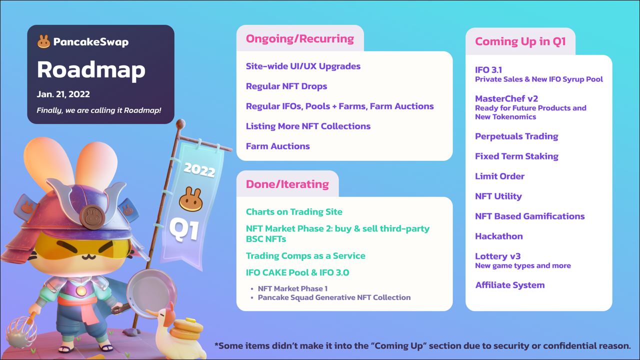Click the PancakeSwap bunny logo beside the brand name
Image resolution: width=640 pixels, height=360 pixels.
[43, 41]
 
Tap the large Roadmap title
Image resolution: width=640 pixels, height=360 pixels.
[91, 70]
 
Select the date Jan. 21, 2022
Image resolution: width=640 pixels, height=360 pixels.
[63, 94]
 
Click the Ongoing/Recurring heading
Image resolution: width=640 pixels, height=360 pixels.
[299, 39]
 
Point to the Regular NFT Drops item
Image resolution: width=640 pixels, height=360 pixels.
[286, 86]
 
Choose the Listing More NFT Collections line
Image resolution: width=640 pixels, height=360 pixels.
[308, 126]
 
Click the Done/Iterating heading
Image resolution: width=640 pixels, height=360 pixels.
[287, 184]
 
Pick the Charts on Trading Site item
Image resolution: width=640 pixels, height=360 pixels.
[294, 211]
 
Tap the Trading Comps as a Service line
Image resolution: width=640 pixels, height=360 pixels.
[305, 255]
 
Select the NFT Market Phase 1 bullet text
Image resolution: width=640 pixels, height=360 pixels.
[292, 288]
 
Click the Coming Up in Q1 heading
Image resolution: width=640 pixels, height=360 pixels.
[520, 41]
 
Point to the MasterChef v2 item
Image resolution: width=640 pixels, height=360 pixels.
[506, 99]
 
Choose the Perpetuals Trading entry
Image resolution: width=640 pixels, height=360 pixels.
[516, 136]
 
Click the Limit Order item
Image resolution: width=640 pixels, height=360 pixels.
[499, 176]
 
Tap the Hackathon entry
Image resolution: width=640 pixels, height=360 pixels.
[499, 236]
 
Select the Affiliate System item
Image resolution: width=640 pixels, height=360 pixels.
[509, 285]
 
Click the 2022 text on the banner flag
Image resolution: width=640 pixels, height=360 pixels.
[199, 169]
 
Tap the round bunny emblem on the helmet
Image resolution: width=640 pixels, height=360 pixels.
[91, 217]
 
